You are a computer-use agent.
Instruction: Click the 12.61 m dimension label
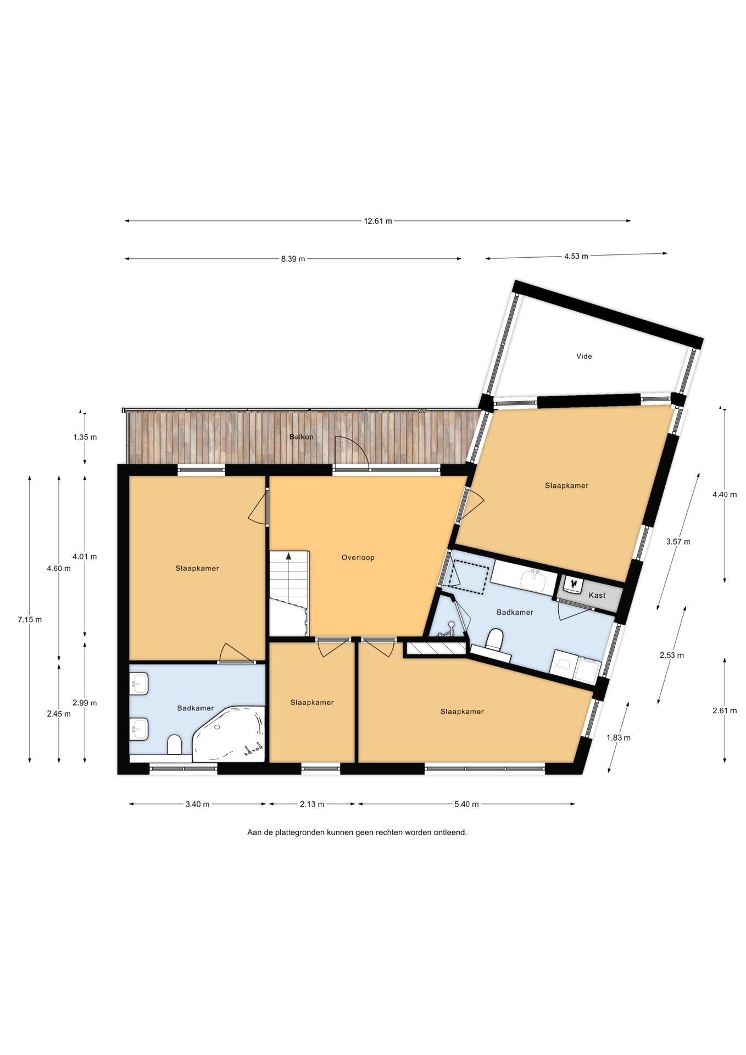pyautogui.click(x=378, y=221)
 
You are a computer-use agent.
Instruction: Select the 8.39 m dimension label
pyautogui.click(x=293, y=259)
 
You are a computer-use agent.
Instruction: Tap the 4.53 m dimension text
pyautogui.click(x=576, y=256)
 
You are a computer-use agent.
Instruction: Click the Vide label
pyautogui.click(x=584, y=356)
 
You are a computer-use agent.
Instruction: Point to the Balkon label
pyautogui.click(x=301, y=437)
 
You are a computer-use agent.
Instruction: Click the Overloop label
pyautogui.click(x=358, y=557)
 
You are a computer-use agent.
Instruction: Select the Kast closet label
pyautogui.click(x=597, y=595)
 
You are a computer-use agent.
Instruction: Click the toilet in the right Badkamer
pyautogui.click(x=495, y=638)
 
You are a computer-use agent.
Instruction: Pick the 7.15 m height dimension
pyautogui.click(x=30, y=619)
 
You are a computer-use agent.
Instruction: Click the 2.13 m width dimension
pyautogui.click(x=311, y=804)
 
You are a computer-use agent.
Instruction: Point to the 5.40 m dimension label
pyautogui.click(x=466, y=804)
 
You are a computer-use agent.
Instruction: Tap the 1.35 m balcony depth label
pyautogui.click(x=85, y=437)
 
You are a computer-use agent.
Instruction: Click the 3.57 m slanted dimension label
pyautogui.click(x=678, y=541)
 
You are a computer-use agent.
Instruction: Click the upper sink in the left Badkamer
pyautogui.click(x=139, y=685)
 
